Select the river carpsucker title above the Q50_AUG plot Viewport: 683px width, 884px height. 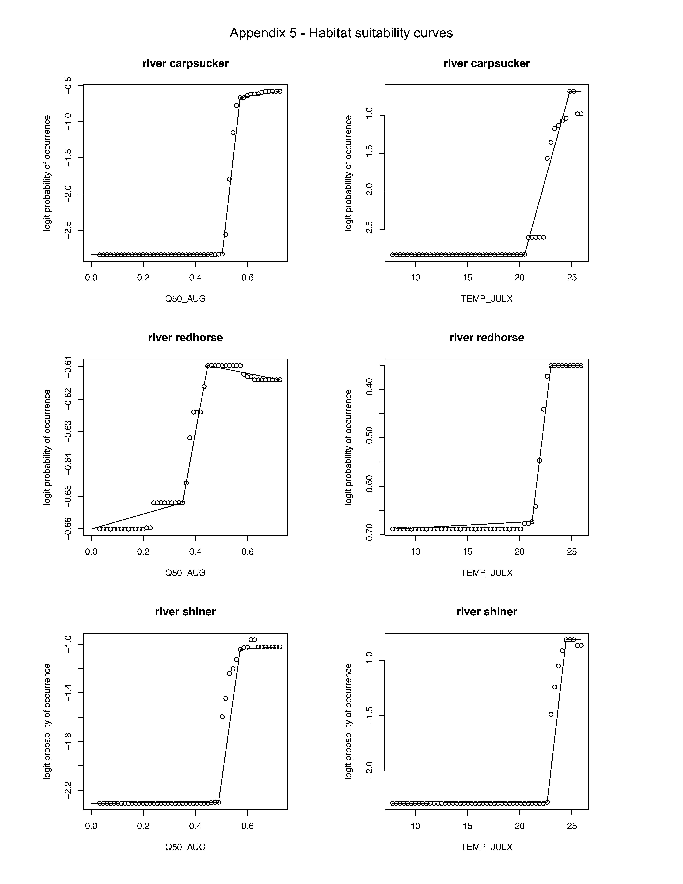click(185, 63)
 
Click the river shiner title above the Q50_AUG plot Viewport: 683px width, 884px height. click(185, 612)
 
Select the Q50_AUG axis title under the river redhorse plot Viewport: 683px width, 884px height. click(185, 573)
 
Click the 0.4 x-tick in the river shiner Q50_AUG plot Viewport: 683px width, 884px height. click(195, 826)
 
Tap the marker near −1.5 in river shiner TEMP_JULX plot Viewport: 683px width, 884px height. click(551, 714)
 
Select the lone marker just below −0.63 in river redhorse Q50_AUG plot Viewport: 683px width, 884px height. click(190, 438)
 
